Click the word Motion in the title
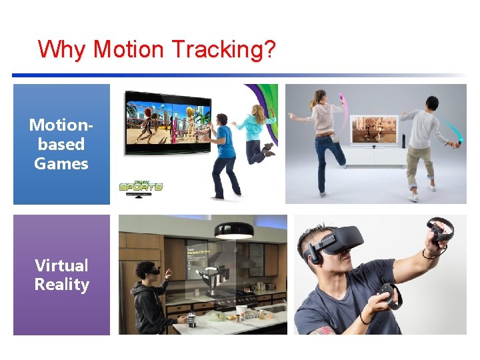point(128,49)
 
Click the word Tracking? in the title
point(223,50)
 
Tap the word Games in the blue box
point(61,163)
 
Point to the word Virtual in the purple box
point(61,265)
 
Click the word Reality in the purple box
point(61,285)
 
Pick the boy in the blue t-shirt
point(224,153)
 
